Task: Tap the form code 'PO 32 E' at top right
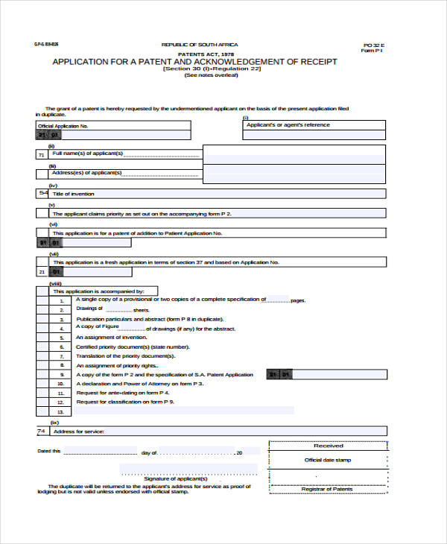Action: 372,45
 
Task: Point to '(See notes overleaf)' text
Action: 212,75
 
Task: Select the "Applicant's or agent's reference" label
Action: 288,124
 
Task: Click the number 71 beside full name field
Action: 42,154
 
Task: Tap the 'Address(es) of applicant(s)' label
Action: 86,172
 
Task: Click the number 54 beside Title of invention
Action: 42,193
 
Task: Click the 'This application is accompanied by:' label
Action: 104,291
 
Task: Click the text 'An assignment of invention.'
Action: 111,337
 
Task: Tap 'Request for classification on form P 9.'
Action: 125,402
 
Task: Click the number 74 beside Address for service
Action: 42,431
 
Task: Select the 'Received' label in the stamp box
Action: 328,445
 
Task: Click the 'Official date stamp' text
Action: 327,460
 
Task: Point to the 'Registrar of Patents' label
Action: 327,489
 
